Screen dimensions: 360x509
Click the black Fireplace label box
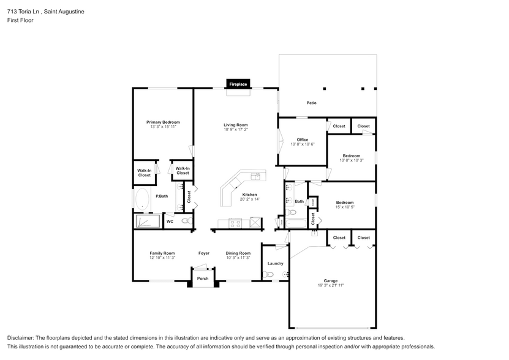(238, 84)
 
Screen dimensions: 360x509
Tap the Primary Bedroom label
(163, 122)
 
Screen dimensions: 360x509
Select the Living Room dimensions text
(236, 130)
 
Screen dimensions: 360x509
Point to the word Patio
(312, 103)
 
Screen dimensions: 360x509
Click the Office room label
(302, 140)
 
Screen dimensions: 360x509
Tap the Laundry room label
(275, 263)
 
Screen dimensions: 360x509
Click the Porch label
(202, 279)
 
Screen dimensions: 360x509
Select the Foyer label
(204, 253)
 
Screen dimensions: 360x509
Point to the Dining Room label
(238, 253)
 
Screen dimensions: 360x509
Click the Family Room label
(162, 253)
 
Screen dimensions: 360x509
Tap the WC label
(170, 221)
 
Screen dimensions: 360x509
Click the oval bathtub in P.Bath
(142, 199)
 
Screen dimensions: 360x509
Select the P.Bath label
(162, 196)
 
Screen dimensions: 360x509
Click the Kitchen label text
(249, 194)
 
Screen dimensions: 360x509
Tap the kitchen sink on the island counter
(256, 176)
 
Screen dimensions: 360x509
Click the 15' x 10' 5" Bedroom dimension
(344, 207)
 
